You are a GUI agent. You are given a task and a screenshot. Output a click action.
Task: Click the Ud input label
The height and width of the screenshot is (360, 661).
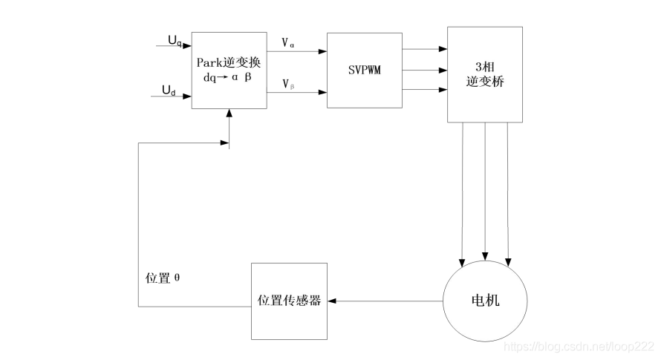(x=169, y=91)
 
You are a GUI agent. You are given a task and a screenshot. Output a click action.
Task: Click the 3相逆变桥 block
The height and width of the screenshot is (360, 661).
(x=484, y=74)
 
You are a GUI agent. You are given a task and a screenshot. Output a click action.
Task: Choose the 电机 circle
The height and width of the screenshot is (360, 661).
(x=485, y=301)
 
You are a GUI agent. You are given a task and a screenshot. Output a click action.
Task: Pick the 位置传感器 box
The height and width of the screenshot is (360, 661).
(x=289, y=301)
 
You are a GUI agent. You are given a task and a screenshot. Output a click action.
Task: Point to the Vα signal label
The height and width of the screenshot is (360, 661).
(x=288, y=43)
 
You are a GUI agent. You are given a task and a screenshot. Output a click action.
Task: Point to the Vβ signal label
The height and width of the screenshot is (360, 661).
(x=288, y=84)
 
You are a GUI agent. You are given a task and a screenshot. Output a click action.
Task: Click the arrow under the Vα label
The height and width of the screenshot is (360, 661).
(x=296, y=53)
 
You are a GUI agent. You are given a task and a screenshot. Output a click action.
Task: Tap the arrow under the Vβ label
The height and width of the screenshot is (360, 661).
(x=296, y=93)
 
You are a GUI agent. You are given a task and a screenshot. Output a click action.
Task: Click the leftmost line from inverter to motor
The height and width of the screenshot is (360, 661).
(x=463, y=193)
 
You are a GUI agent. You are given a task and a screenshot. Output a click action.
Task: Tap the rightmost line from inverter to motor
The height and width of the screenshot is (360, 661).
(x=508, y=193)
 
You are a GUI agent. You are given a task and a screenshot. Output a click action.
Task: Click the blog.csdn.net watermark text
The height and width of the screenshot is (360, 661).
(x=579, y=346)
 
